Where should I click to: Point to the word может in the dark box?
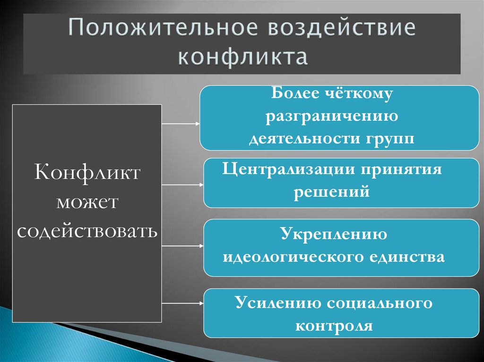coord(87,202)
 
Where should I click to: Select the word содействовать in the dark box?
coord(87,231)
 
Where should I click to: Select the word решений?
coord(331,192)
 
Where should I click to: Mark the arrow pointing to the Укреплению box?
coord(182,246)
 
